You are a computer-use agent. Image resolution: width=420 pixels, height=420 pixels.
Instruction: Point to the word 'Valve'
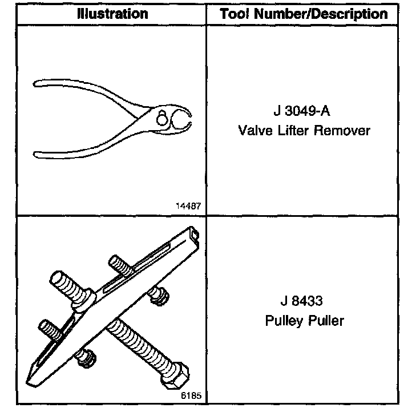pos(255,131)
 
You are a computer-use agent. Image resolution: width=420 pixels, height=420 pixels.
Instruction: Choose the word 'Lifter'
pos(296,131)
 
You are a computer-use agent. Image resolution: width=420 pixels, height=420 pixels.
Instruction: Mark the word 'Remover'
pos(344,131)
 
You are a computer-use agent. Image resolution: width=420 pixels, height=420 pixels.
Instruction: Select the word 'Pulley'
pos(283,321)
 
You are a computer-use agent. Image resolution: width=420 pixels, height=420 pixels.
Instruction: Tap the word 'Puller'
pos(326,321)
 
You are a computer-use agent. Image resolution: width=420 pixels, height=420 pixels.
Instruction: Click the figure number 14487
pos(190,206)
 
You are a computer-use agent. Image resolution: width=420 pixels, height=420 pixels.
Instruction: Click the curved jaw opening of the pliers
pos(184,120)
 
